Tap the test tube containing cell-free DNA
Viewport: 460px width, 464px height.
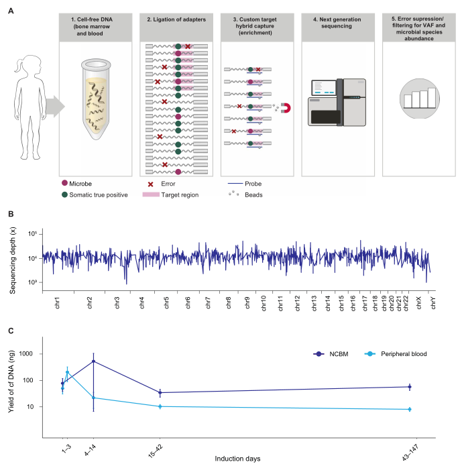(97, 101)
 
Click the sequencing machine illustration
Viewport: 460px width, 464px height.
(339, 101)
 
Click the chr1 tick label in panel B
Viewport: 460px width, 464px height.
(57, 302)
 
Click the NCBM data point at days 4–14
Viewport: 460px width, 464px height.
(93, 361)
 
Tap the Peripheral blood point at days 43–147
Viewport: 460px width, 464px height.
(409, 409)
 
